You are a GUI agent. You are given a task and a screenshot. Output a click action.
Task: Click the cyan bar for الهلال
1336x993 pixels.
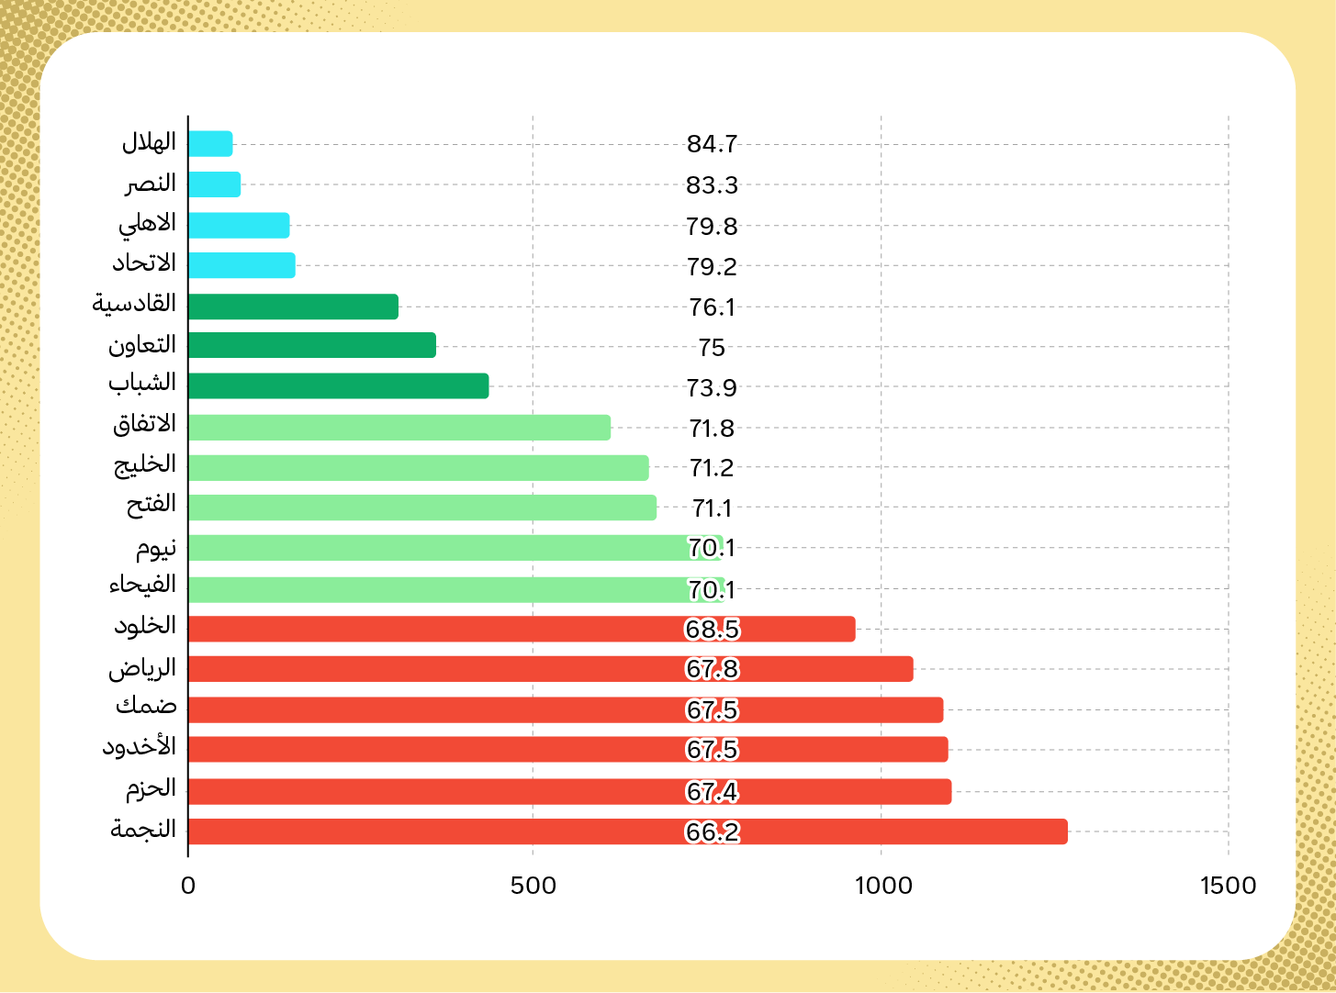210,144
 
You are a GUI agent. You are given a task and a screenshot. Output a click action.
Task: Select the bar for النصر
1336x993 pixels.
215,184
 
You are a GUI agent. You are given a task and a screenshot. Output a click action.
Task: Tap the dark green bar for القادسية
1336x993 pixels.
293,307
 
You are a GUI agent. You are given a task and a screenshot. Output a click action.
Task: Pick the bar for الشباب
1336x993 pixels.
338,386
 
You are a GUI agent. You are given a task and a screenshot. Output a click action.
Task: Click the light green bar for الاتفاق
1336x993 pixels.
399,428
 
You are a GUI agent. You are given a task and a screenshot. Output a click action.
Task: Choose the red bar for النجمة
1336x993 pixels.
627,831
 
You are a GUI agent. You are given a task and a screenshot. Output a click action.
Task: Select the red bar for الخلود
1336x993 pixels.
522,630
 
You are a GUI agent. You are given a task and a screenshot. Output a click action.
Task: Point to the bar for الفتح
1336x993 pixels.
422,508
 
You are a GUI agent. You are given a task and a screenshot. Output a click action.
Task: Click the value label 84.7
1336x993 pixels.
713,144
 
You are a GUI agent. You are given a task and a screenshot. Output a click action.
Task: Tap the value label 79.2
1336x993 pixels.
713,267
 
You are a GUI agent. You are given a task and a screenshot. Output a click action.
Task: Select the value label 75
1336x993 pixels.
712,348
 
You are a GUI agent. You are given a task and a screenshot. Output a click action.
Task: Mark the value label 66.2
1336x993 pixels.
713,832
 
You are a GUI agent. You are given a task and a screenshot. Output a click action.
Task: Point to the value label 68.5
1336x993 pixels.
713,630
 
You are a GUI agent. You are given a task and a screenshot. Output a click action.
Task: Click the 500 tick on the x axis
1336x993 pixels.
533,886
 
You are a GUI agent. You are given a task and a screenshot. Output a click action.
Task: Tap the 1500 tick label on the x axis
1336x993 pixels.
1228,886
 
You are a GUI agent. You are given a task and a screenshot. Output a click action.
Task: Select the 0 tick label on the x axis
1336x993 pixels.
188,886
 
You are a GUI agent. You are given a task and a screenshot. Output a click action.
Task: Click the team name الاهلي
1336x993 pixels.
147,224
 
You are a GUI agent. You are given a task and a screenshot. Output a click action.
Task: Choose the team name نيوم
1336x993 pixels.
156,549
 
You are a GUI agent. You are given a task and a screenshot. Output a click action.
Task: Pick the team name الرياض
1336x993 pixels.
142,669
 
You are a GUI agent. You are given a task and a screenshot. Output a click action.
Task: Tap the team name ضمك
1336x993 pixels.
146,708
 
